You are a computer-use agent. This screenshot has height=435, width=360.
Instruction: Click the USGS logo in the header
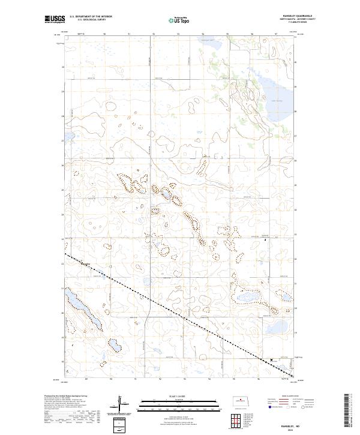pos(55,20)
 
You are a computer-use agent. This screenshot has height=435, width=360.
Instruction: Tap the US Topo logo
pos(180,19)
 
